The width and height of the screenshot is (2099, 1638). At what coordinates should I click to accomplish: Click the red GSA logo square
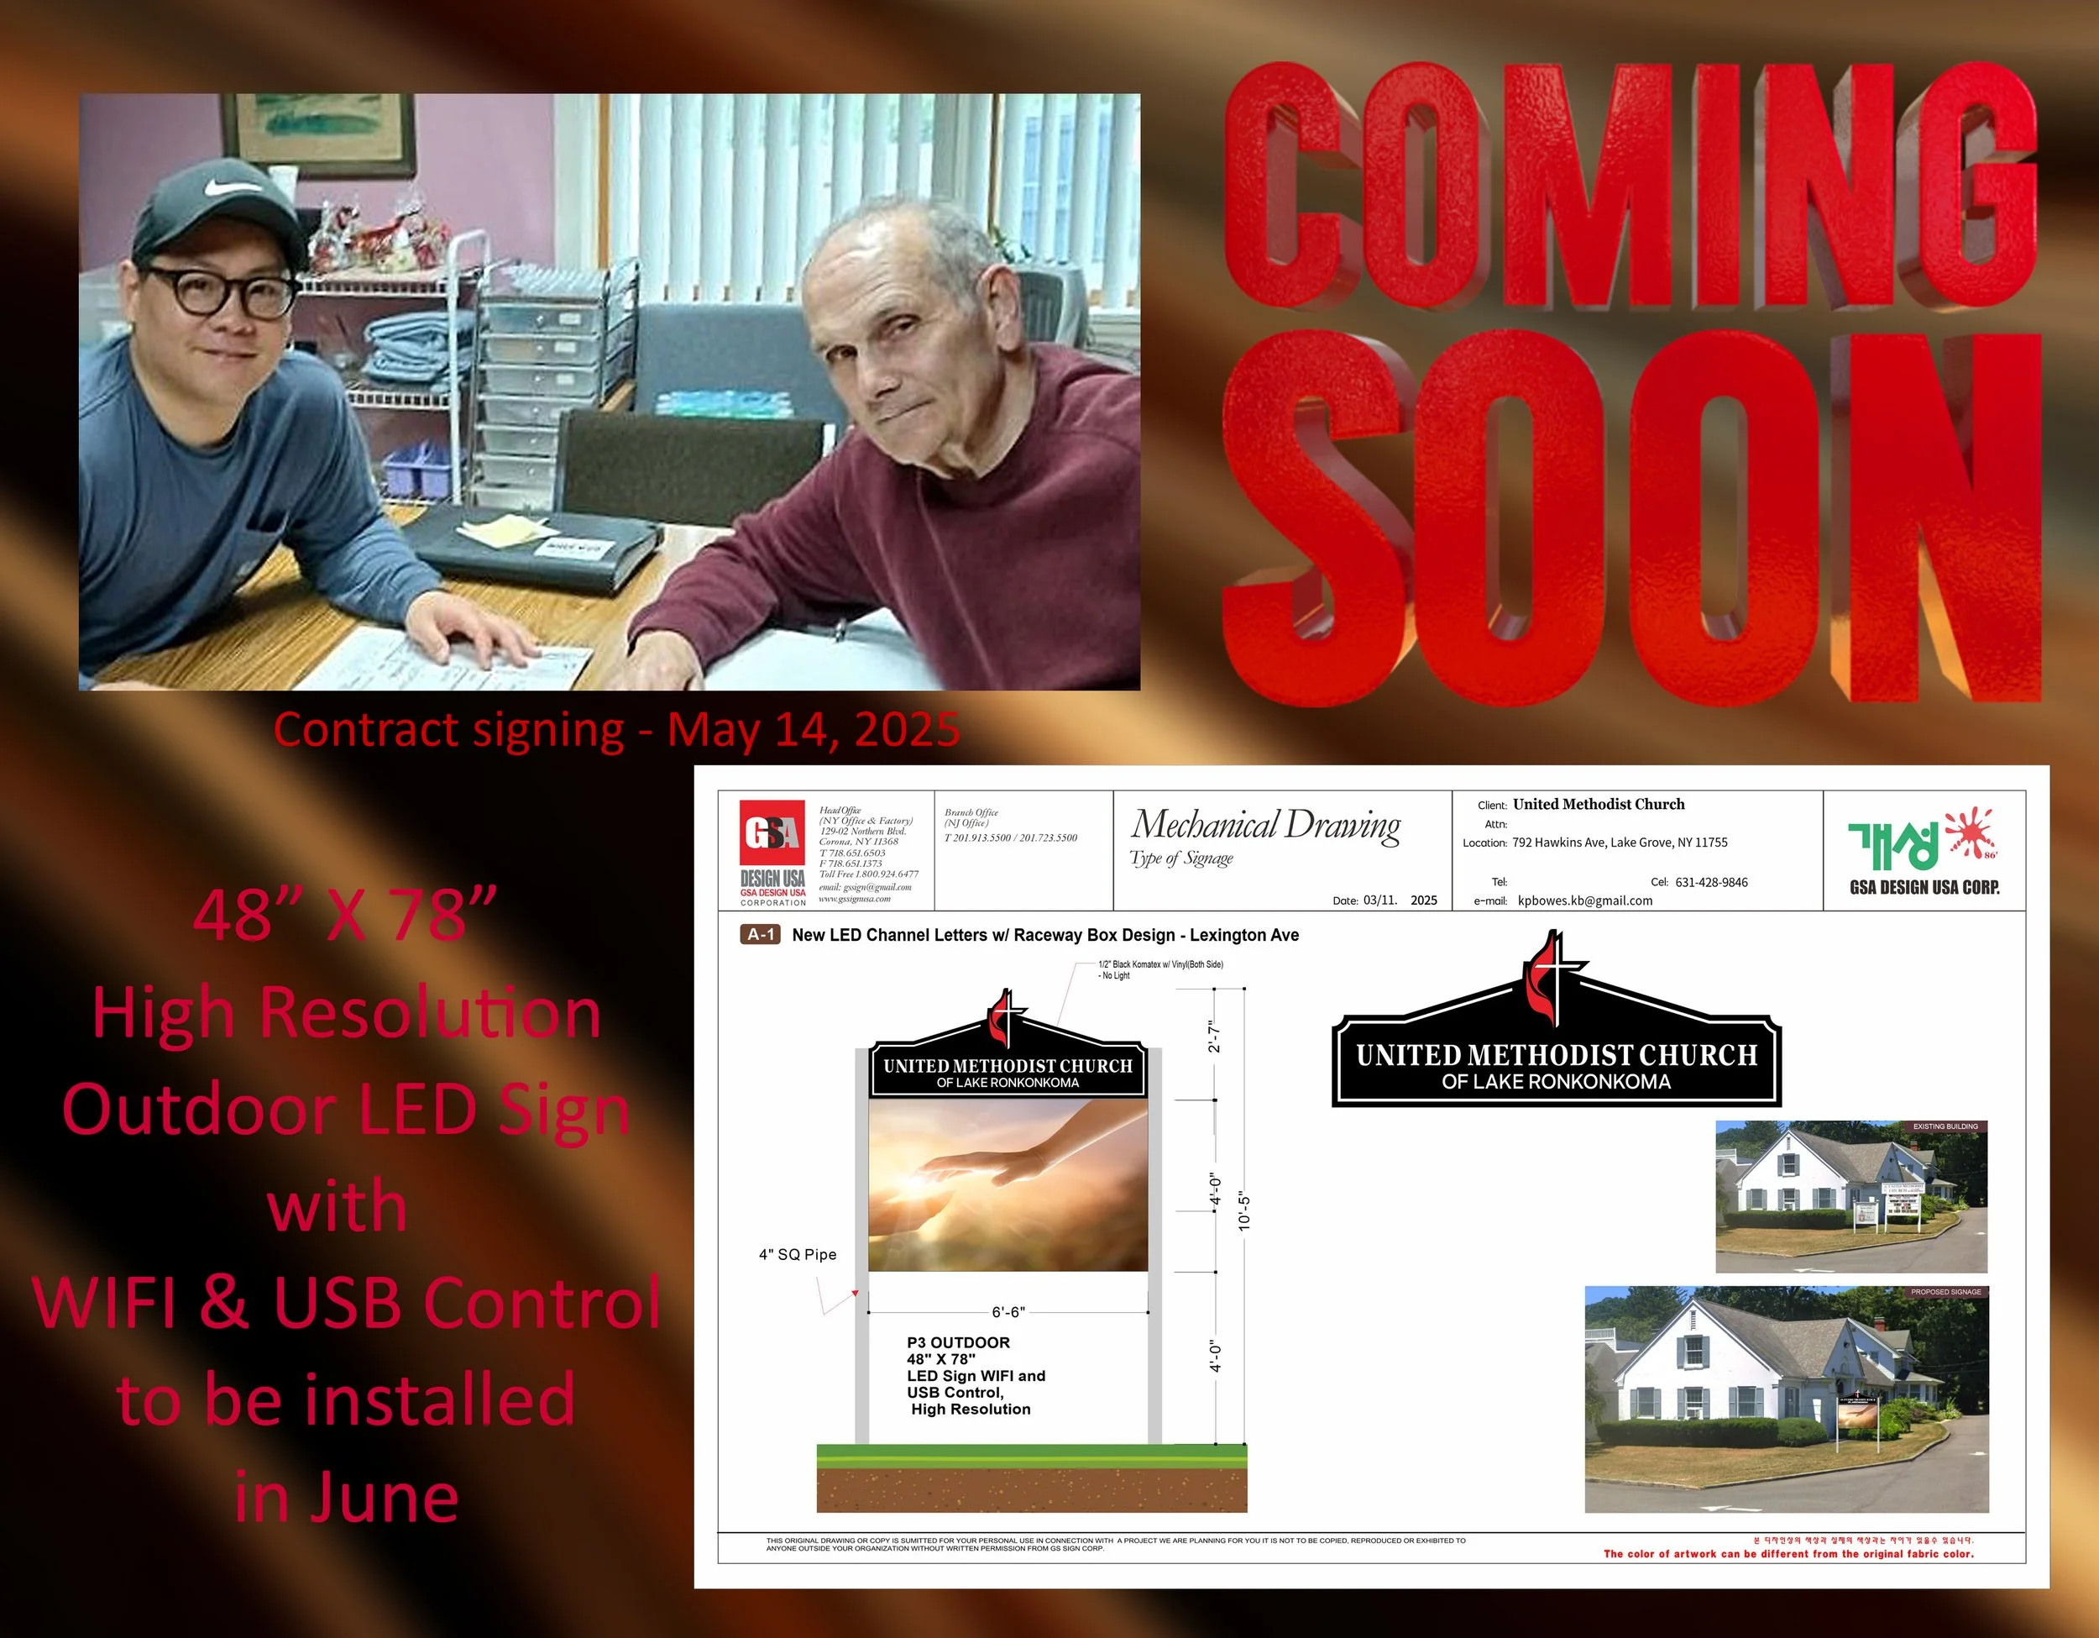point(772,832)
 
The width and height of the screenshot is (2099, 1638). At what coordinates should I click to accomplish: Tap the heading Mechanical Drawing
point(1264,825)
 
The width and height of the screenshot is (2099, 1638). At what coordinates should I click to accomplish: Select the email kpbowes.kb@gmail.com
point(1585,900)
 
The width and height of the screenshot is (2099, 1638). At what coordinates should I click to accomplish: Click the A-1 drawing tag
point(759,934)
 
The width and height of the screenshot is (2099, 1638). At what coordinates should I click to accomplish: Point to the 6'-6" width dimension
point(1008,1311)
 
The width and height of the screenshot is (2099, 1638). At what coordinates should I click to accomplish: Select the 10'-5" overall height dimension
point(1244,1211)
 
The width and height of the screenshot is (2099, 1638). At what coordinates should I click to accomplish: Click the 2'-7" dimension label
point(1214,1037)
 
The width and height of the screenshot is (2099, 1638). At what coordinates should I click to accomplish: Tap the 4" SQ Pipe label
point(797,1254)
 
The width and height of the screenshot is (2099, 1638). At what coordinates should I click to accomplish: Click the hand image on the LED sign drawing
point(1008,1184)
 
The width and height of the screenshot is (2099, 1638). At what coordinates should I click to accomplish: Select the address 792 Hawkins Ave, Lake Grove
point(1619,842)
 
